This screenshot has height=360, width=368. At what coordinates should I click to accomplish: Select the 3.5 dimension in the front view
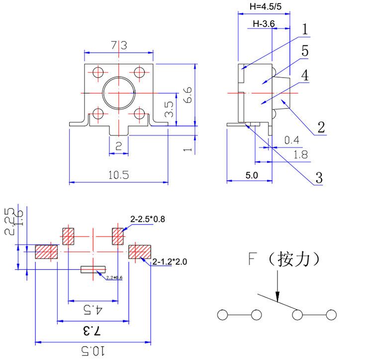pos(169,109)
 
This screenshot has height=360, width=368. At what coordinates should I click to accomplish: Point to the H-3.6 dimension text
pos(264,24)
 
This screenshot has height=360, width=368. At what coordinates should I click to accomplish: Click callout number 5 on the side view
pos(305,51)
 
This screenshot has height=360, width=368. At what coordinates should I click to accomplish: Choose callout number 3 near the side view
pos(318,178)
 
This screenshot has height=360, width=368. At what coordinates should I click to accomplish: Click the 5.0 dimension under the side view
pos(252,175)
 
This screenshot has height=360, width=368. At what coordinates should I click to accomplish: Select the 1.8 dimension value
pos(300,155)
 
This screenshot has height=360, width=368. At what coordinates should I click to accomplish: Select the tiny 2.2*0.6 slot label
pos(114,277)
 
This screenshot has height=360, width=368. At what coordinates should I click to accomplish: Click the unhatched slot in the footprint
pos(93,269)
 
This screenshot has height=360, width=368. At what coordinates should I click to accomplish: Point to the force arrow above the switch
pos(277,289)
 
